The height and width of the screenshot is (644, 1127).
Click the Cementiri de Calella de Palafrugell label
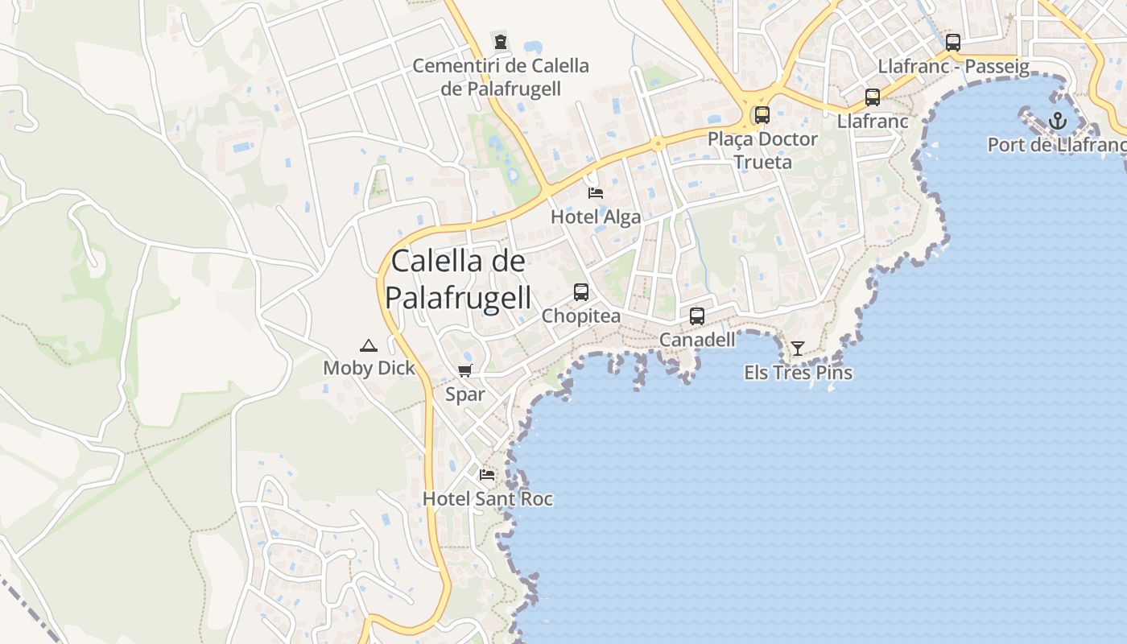(x=501, y=76)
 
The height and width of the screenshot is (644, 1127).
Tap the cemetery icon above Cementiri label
(x=501, y=41)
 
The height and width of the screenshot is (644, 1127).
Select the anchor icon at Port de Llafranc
(x=1057, y=122)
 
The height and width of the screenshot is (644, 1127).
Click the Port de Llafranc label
(x=1057, y=145)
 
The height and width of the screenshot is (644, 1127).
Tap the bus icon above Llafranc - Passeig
(x=953, y=43)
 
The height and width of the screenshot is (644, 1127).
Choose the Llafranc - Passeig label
(x=954, y=66)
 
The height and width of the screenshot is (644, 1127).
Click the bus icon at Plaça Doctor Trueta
(x=762, y=114)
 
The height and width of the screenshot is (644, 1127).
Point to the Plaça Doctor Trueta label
(x=762, y=151)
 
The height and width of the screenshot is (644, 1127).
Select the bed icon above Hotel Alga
(x=596, y=192)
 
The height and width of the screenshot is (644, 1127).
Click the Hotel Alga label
(x=596, y=217)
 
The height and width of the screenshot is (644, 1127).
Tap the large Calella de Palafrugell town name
(x=458, y=279)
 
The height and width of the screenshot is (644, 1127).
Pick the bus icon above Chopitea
(x=581, y=292)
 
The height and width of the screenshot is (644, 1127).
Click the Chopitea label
(x=581, y=316)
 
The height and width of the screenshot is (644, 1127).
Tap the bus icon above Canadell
(x=697, y=316)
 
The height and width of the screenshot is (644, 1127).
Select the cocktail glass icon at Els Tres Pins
(x=798, y=349)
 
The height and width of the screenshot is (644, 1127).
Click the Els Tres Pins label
(x=798, y=373)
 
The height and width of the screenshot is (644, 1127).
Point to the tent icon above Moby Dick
(x=369, y=346)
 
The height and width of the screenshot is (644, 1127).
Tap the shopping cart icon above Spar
(x=464, y=371)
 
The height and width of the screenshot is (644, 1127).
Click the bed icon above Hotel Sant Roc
(x=487, y=475)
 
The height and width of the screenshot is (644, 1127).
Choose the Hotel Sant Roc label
(x=488, y=499)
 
